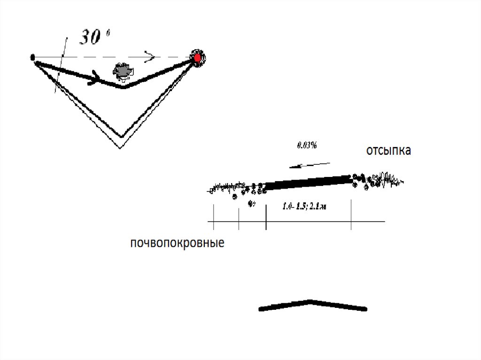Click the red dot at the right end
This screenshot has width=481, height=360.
[x=197, y=57]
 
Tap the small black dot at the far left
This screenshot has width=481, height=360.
[x=32, y=58]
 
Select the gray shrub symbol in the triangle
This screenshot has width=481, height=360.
[x=123, y=70]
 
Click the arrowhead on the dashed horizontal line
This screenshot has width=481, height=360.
[x=150, y=57]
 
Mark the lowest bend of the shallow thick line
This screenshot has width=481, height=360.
[x=123, y=86]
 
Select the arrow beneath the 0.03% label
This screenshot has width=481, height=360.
[x=310, y=164]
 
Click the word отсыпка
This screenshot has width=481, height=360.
[x=388, y=151]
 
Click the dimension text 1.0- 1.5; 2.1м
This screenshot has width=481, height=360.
[x=304, y=206]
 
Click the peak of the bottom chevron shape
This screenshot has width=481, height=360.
[x=309, y=301]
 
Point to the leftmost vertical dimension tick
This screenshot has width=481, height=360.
[x=214, y=217]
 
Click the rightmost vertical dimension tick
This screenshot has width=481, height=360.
[x=351, y=214]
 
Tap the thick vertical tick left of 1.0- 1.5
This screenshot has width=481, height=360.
[x=266, y=217]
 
